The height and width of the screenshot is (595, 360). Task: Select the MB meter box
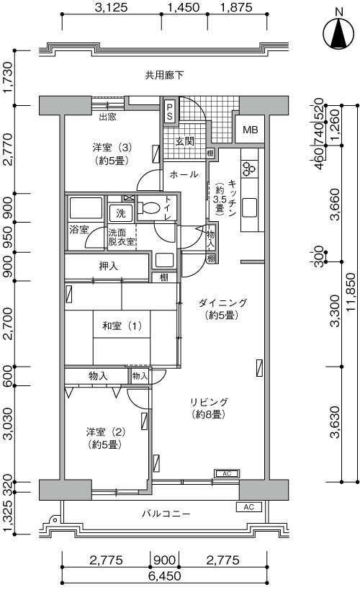[251, 130]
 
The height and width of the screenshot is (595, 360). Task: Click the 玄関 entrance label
[185, 141]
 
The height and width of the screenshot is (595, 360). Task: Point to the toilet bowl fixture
[150, 207]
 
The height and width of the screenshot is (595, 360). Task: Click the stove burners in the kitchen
[249, 169]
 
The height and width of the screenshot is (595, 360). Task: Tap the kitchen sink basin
[249, 208]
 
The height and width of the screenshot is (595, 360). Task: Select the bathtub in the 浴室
[86, 208]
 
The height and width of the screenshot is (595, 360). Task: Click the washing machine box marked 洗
[121, 213]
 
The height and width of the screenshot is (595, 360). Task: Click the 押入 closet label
[109, 267]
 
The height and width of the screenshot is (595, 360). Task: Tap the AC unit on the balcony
[249, 507]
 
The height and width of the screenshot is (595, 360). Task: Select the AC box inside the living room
[227, 473]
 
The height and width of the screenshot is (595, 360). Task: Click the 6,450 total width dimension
[164, 576]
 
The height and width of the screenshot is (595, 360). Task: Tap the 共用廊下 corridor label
[164, 75]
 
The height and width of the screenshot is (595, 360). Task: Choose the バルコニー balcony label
[166, 514]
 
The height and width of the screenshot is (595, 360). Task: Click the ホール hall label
[184, 174]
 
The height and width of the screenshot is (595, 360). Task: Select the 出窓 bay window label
[107, 117]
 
